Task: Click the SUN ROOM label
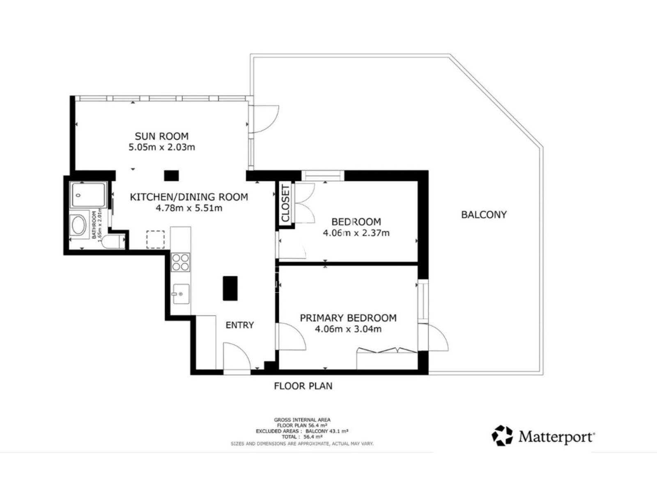(x=162, y=136)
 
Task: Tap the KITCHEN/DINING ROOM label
(x=189, y=197)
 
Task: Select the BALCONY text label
(x=484, y=214)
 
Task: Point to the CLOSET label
(x=286, y=203)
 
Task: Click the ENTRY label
(x=239, y=325)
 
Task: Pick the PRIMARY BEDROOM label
(x=348, y=318)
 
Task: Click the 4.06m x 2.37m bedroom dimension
(x=356, y=233)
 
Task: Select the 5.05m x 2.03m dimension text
(x=162, y=147)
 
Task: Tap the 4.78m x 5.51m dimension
(x=189, y=208)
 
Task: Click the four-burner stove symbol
(x=180, y=262)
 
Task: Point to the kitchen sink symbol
(x=181, y=294)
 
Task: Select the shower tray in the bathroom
(x=88, y=195)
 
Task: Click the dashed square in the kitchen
(x=155, y=240)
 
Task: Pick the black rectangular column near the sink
(x=230, y=288)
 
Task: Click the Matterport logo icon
(x=502, y=435)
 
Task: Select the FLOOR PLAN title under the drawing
(x=303, y=386)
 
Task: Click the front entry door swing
(x=237, y=356)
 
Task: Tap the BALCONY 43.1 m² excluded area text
(x=327, y=431)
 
